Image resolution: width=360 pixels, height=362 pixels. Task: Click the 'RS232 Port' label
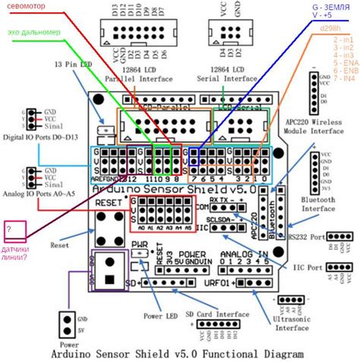pyautogui.click(x=312, y=237)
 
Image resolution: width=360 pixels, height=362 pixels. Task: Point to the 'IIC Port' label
pyautogui.click(x=314, y=266)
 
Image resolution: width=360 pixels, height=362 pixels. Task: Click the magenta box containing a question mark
pyautogui.click(x=14, y=230)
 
